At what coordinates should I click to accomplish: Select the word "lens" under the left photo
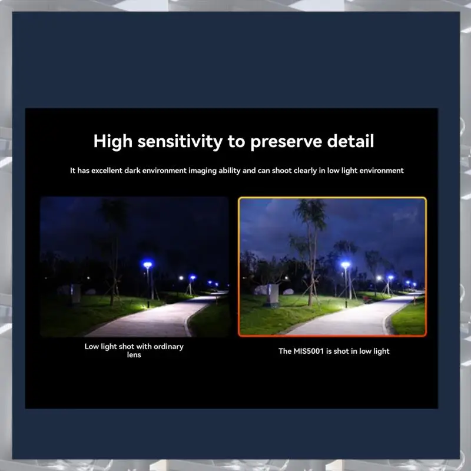click(x=134, y=355)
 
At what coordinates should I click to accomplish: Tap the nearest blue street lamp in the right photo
click(x=345, y=266)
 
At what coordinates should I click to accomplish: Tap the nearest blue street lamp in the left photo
click(x=147, y=266)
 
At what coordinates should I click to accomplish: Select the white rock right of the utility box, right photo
click(x=288, y=291)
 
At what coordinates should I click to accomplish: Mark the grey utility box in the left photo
click(x=75, y=293)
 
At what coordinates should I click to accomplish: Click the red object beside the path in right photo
click(x=367, y=300)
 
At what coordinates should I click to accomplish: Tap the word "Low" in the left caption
click(x=91, y=346)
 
